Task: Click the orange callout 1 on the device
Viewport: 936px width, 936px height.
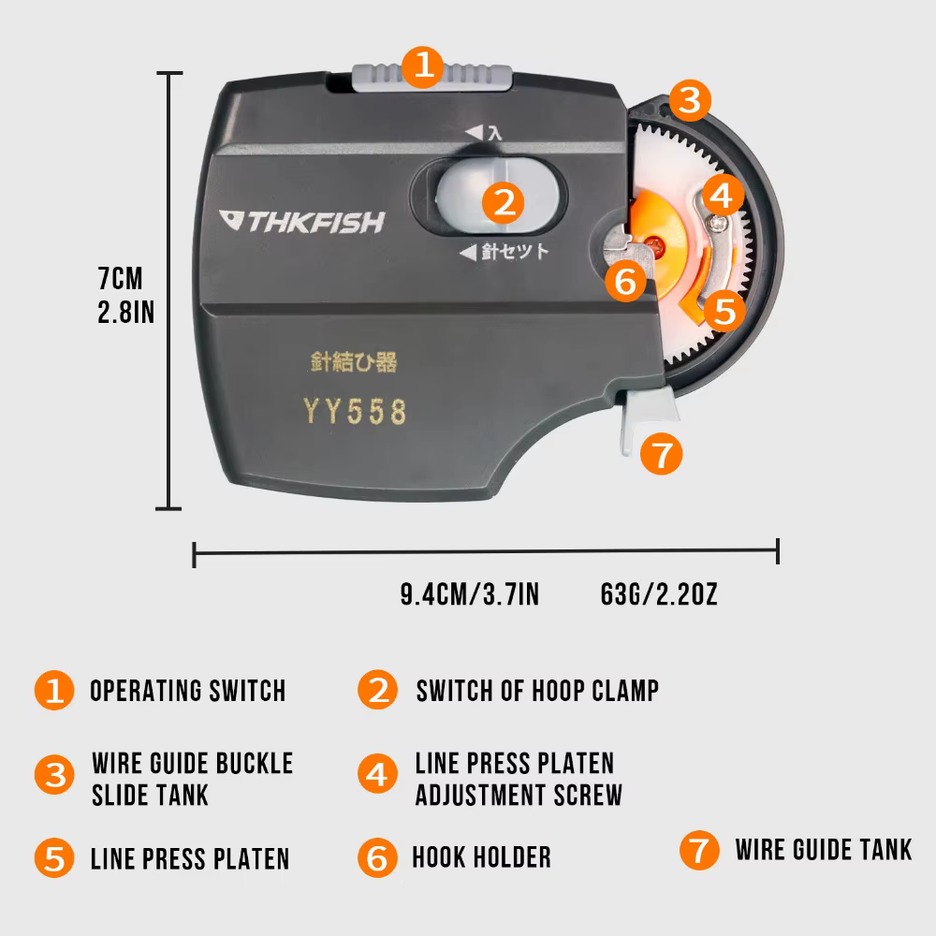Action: tap(423, 66)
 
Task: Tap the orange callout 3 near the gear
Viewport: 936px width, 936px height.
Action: tap(690, 100)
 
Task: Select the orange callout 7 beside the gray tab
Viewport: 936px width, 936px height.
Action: tap(662, 454)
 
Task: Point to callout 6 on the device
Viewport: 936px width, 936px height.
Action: tap(625, 281)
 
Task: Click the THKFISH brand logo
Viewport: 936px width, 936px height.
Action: tap(302, 222)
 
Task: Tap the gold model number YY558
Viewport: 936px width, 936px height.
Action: tap(355, 411)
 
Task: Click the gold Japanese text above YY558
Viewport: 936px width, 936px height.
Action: tap(354, 361)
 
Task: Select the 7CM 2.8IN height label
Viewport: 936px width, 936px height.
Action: tap(126, 295)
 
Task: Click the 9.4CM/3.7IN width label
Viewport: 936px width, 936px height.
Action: tap(470, 594)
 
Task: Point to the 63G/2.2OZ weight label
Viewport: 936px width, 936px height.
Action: tap(659, 594)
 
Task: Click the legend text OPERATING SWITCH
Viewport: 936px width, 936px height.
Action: tap(188, 691)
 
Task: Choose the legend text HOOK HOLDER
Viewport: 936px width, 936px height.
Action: tap(482, 857)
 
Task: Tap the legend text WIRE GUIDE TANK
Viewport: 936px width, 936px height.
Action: tap(824, 850)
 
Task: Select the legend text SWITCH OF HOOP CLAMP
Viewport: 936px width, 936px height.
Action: tap(538, 691)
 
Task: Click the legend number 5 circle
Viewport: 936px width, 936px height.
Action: tap(54, 858)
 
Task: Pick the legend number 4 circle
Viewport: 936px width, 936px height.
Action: tap(377, 774)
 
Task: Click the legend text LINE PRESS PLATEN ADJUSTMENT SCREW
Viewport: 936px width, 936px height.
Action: tap(519, 779)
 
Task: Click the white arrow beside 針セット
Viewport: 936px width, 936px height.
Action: tap(468, 252)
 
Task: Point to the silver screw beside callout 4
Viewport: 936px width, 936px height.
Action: tap(716, 224)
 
